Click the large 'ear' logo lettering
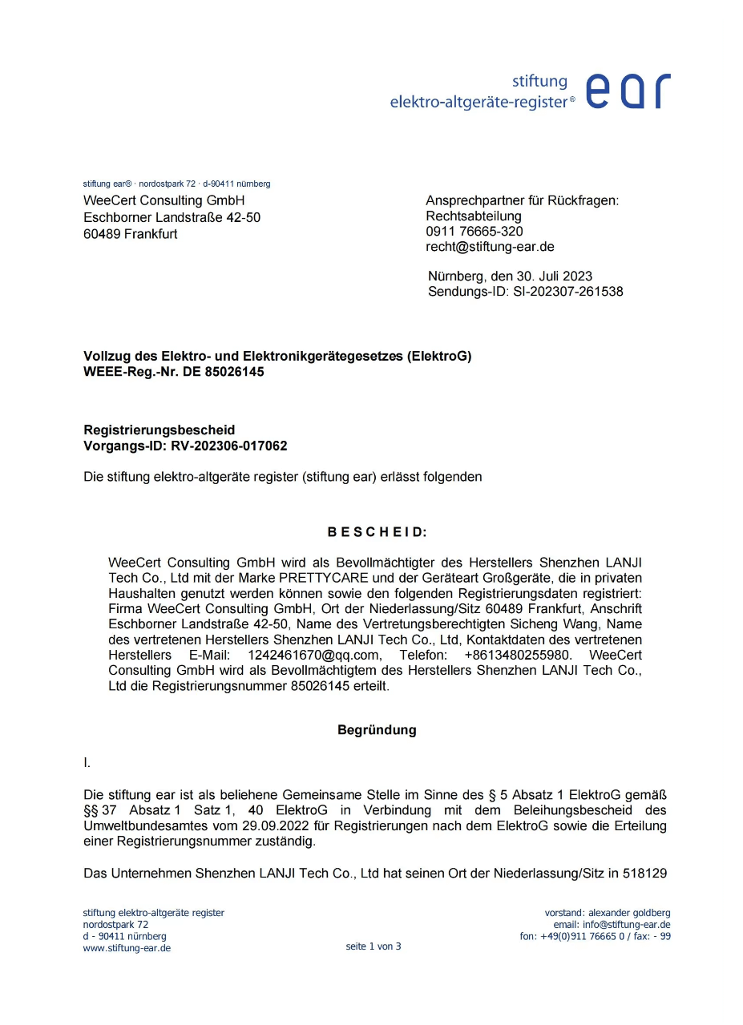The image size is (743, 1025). click(x=628, y=91)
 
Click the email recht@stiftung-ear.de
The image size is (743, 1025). click(x=490, y=247)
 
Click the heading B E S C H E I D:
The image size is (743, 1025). click(x=377, y=532)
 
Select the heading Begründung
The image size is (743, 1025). click(x=377, y=730)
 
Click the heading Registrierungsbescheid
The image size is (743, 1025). click(x=160, y=430)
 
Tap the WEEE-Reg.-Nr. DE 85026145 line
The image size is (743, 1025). click(x=174, y=372)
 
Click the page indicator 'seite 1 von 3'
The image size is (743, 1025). click(x=373, y=946)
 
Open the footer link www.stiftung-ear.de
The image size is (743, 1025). click(x=127, y=948)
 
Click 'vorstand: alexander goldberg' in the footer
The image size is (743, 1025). click(x=608, y=913)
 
